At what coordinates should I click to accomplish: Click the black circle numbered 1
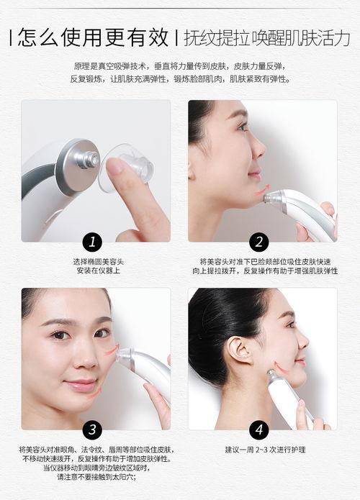(91, 242)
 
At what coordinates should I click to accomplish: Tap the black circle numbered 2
(259, 242)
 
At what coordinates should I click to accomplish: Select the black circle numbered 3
(91, 430)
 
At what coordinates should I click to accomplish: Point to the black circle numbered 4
(259, 430)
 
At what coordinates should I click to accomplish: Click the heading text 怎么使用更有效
(92, 37)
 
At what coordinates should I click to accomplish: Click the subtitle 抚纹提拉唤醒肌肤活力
(267, 37)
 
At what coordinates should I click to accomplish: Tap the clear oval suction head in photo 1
(130, 167)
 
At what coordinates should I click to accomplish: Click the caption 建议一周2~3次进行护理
(265, 450)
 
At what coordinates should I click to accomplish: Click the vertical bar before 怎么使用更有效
(9, 37)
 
